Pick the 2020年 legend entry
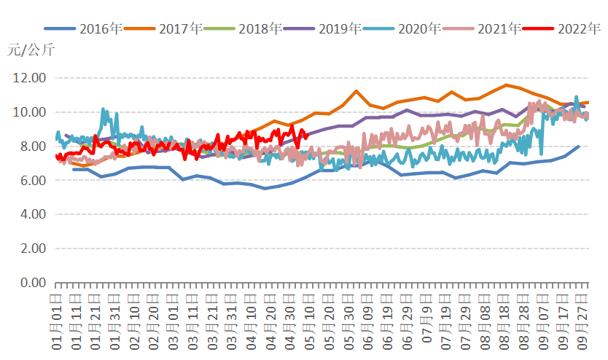(x=421, y=29)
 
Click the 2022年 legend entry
(x=580, y=29)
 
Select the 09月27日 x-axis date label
(x=583, y=320)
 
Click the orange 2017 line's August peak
(x=506, y=85)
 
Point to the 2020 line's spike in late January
(x=104, y=110)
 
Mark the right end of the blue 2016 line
(x=579, y=146)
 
